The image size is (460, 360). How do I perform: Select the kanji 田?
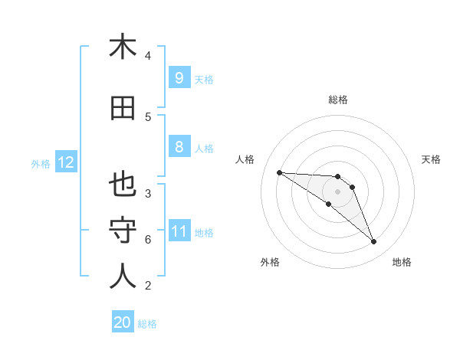tap(123, 109)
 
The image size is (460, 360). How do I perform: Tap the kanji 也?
tap(123, 186)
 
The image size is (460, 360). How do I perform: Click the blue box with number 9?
tap(179, 78)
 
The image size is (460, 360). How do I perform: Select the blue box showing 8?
tap(179, 148)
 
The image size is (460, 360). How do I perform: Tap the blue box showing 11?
tap(179, 232)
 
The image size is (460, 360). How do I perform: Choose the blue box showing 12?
tap(65, 162)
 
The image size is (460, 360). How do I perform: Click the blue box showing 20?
tap(123, 323)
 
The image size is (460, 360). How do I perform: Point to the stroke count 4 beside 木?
tap(148, 55)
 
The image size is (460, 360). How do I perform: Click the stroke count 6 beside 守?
tap(148, 240)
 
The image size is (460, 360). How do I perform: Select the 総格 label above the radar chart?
tap(338, 100)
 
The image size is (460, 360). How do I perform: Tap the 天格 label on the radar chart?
tap(431, 159)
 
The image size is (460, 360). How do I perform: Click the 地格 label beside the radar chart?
tap(402, 262)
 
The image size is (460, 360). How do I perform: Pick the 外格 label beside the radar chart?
tap(270, 262)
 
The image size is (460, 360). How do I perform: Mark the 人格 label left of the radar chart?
tap(245, 159)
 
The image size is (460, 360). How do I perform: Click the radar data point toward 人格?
tap(279, 172)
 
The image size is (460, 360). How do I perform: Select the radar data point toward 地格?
tap(374, 242)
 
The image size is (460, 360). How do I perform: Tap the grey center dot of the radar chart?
tap(337, 191)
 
